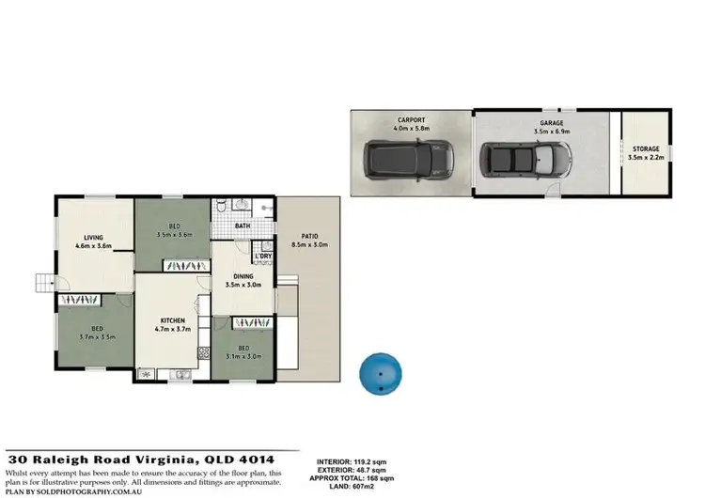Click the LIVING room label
pos(92,238)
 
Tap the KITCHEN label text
pos(172,321)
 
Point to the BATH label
pos(243,226)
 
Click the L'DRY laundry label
pos(263,256)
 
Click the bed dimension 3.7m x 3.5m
pos(97,335)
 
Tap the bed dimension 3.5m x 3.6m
pos(175,235)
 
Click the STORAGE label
pos(646,149)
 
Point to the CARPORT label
pos(411,119)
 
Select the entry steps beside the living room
pos(43,282)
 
